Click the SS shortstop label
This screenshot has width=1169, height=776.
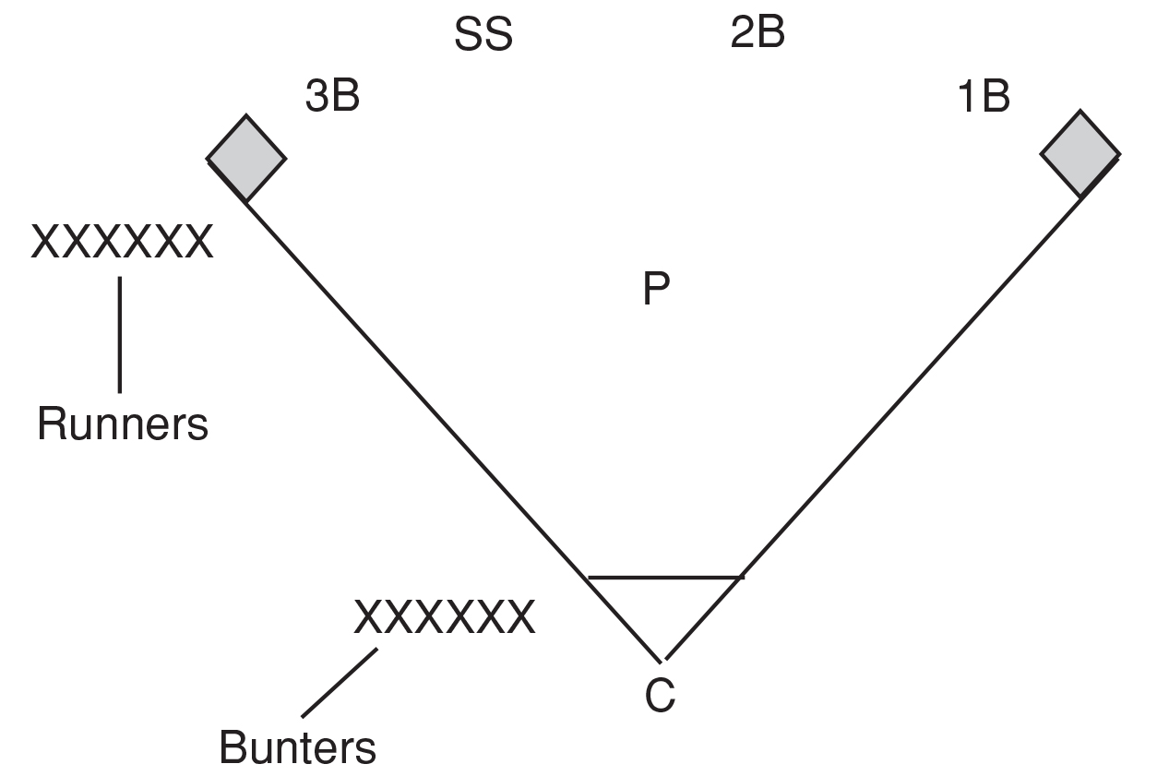coord(483,34)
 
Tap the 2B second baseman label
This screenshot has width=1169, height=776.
coord(757,31)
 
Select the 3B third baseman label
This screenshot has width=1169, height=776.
coord(332,96)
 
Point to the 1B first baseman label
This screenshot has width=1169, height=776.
coord(984,96)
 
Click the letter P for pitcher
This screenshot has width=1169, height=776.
coord(656,288)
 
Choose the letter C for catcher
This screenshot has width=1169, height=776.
coord(661,696)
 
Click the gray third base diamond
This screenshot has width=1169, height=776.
coord(246,158)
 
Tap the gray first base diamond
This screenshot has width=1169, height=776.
coord(1080,154)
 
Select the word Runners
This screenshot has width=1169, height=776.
coord(123,424)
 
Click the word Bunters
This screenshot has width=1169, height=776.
coord(297,746)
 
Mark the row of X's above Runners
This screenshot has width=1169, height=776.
coord(122,242)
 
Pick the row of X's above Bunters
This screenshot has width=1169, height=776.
coord(445,617)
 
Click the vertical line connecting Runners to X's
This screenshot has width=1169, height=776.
coord(120,335)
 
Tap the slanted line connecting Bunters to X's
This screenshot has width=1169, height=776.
coord(340,683)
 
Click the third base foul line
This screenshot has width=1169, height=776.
coord(453,432)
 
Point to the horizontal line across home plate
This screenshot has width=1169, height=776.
coord(666,578)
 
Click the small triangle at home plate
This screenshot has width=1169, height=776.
coord(662,605)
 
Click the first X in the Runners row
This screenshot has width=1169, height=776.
coord(45,242)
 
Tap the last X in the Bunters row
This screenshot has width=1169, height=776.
coord(521,617)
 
